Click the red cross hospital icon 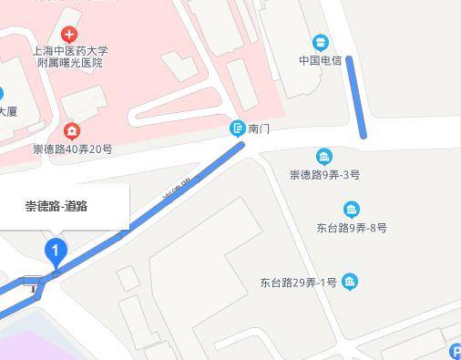click(69, 35)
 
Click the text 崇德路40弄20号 click(72, 149)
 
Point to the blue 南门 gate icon click(237, 129)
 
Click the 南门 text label click(259, 129)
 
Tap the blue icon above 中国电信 click(320, 42)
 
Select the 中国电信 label click(320, 61)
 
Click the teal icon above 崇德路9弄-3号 click(323, 157)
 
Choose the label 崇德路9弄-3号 click(324, 174)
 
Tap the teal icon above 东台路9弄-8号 click(352, 210)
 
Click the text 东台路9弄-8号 click(352, 227)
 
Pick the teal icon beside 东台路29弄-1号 click(351, 283)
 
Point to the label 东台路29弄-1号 click(299, 283)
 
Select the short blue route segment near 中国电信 click(355, 97)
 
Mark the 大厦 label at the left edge click(7, 112)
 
